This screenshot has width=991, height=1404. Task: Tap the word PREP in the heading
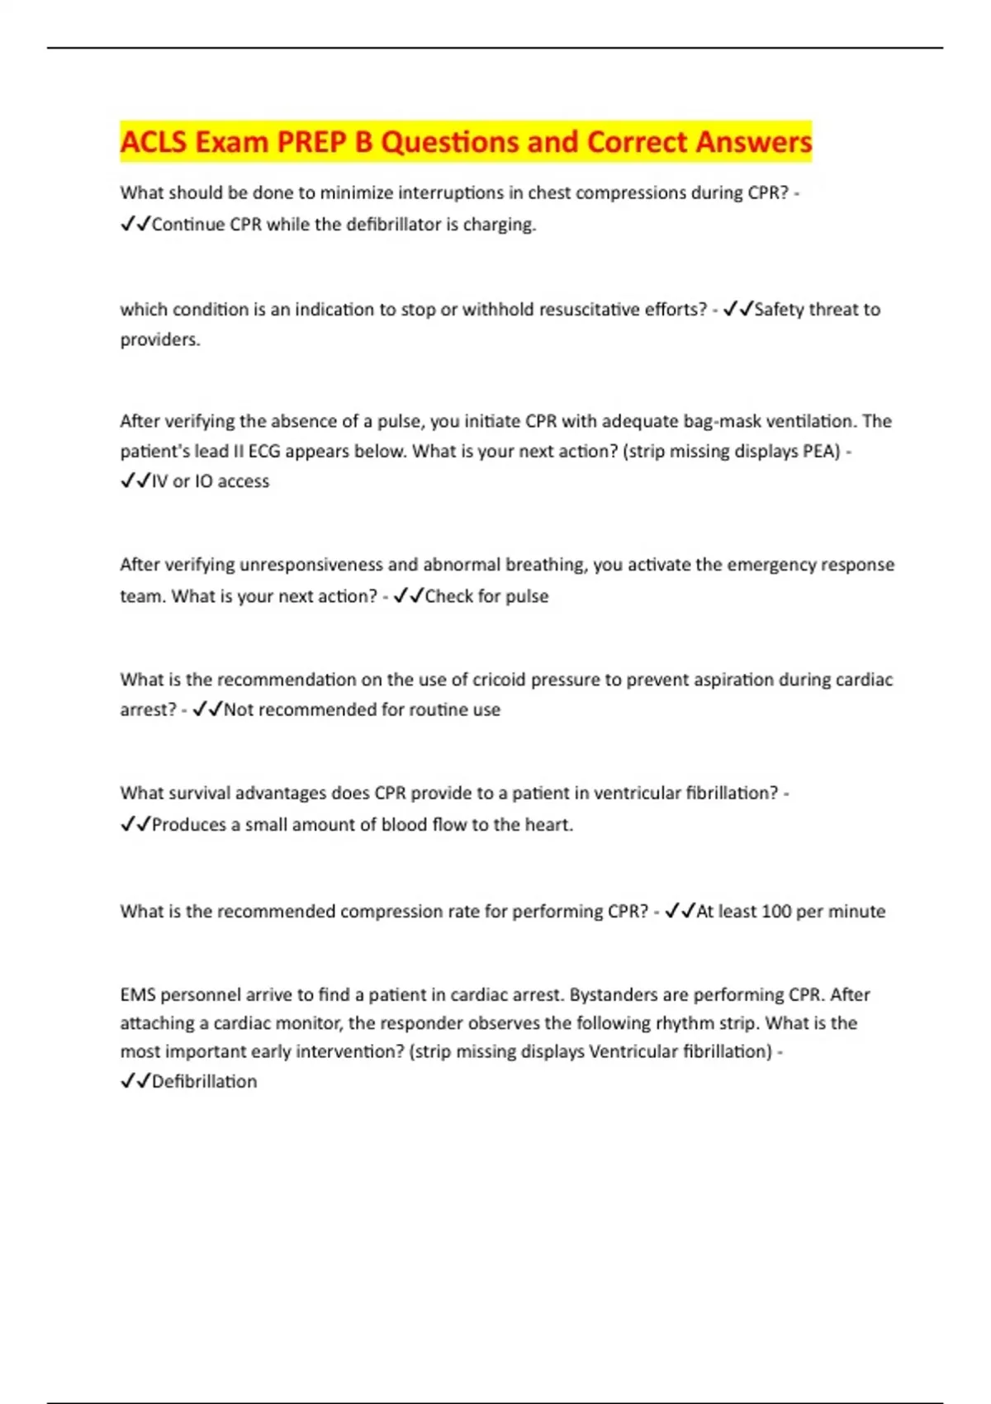click(312, 142)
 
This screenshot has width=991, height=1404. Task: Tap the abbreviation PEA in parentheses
click(821, 452)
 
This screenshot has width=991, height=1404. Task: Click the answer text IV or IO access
click(210, 481)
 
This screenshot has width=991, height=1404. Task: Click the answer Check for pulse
click(486, 596)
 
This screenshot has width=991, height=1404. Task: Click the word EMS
click(137, 995)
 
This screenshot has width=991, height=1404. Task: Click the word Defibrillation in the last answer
click(204, 1082)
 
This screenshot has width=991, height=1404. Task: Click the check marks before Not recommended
click(206, 710)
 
